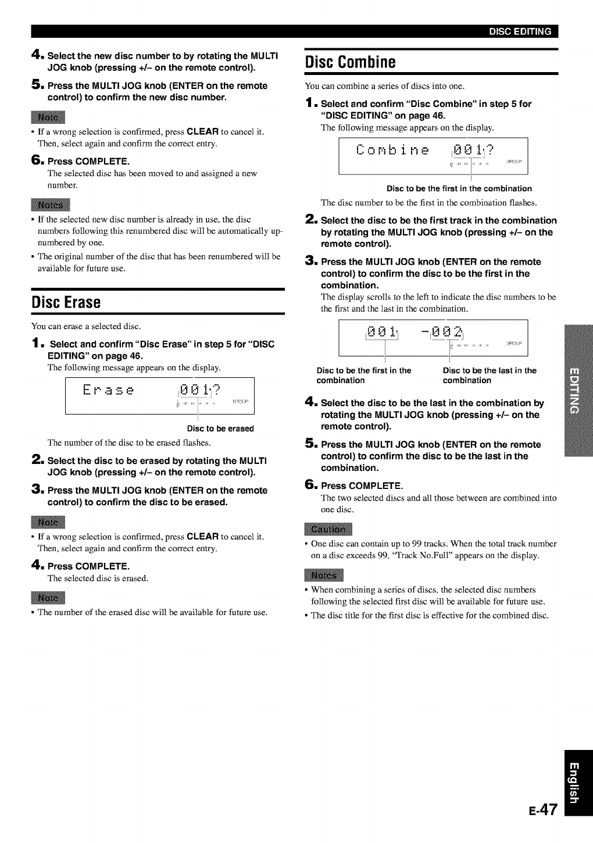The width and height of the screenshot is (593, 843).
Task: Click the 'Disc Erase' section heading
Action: pyautogui.click(x=66, y=302)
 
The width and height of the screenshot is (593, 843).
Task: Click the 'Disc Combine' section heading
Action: pyautogui.click(x=342, y=62)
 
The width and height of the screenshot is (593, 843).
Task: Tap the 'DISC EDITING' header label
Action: pyautogui.click(x=520, y=32)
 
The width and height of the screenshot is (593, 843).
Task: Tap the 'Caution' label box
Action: pyautogui.click(x=327, y=530)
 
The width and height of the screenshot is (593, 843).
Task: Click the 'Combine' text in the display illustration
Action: pyautogui.click(x=394, y=151)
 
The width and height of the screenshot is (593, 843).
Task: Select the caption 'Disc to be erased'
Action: pyautogui.click(x=220, y=428)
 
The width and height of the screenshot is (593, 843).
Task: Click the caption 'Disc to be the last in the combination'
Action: pyautogui.click(x=490, y=375)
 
